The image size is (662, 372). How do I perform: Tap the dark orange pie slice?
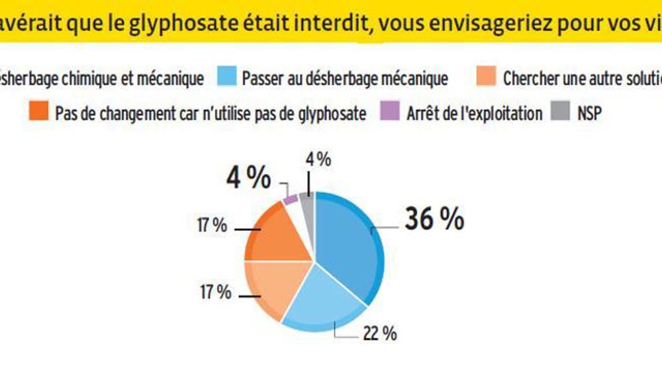(x=278, y=235)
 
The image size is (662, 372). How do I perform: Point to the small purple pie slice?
(x=290, y=199)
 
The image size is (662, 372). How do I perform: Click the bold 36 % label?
(x=434, y=220)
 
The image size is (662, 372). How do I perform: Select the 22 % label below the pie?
(x=380, y=334)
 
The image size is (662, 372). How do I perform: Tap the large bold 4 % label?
(x=248, y=179)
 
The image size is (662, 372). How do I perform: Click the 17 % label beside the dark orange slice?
(x=212, y=226)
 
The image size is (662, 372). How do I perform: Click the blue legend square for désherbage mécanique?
(x=226, y=78)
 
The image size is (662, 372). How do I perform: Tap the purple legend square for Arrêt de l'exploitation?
(x=390, y=113)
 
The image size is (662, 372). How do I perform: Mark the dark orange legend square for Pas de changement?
(x=39, y=113)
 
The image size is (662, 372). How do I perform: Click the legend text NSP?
(x=587, y=113)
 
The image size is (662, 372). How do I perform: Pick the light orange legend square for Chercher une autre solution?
(x=487, y=78)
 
